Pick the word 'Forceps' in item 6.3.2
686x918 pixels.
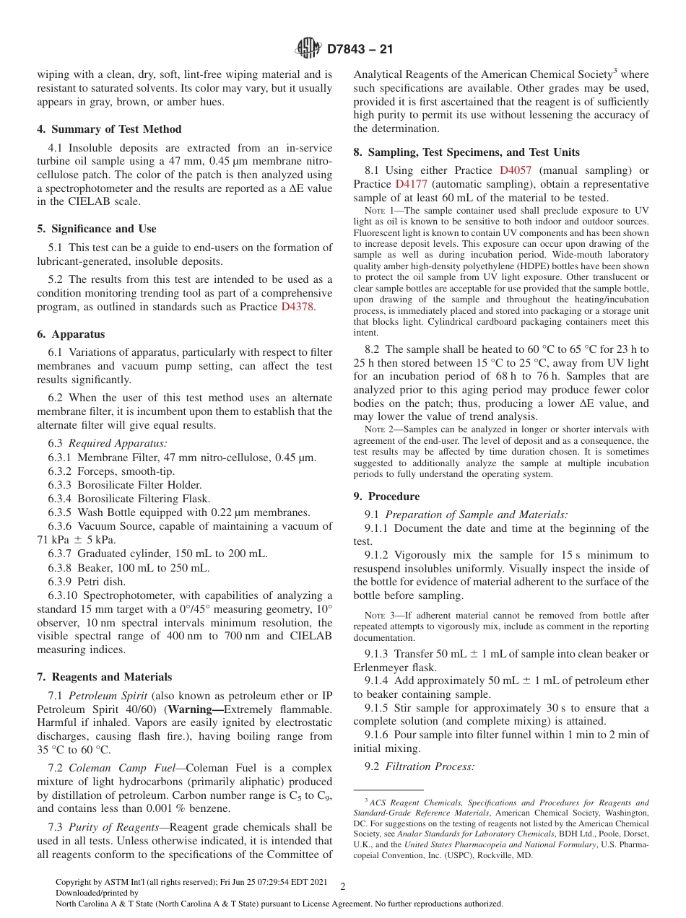[96, 471]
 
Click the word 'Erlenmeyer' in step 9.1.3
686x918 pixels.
[383, 668]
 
